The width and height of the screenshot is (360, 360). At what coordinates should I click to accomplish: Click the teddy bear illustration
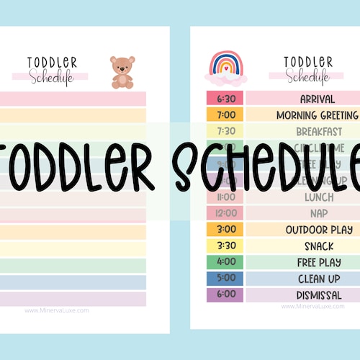point(122,73)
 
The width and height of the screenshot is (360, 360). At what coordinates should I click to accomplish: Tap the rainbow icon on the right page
point(227,67)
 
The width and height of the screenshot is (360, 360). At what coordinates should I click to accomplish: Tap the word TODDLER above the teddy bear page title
point(53,63)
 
